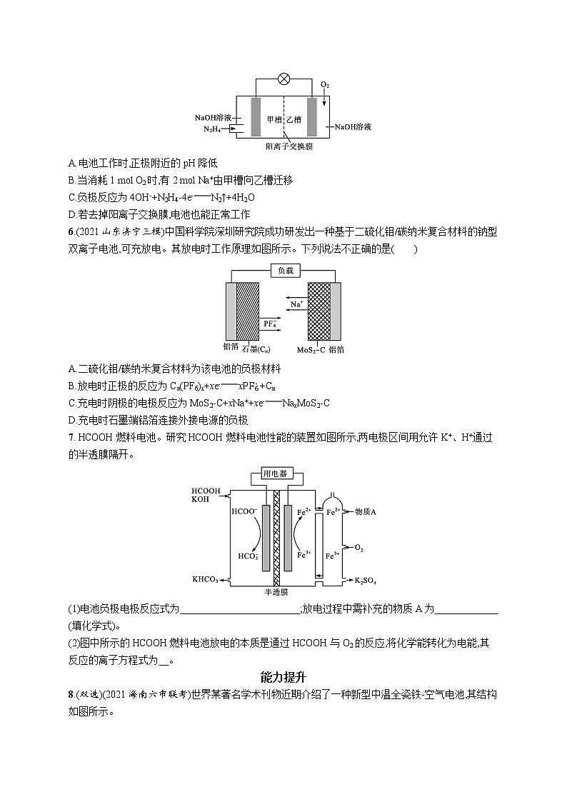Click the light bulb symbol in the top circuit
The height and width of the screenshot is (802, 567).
click(x=283, y=79)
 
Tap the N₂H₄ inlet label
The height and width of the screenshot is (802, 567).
click(x=212, y=129)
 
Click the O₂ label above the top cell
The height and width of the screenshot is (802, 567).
click(x=325, y=85)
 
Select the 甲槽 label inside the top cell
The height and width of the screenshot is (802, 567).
click(x=274, y=119)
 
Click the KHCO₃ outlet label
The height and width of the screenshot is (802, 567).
click(x=204, y=579)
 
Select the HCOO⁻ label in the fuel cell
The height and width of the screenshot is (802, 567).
click(x=243, y=512)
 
